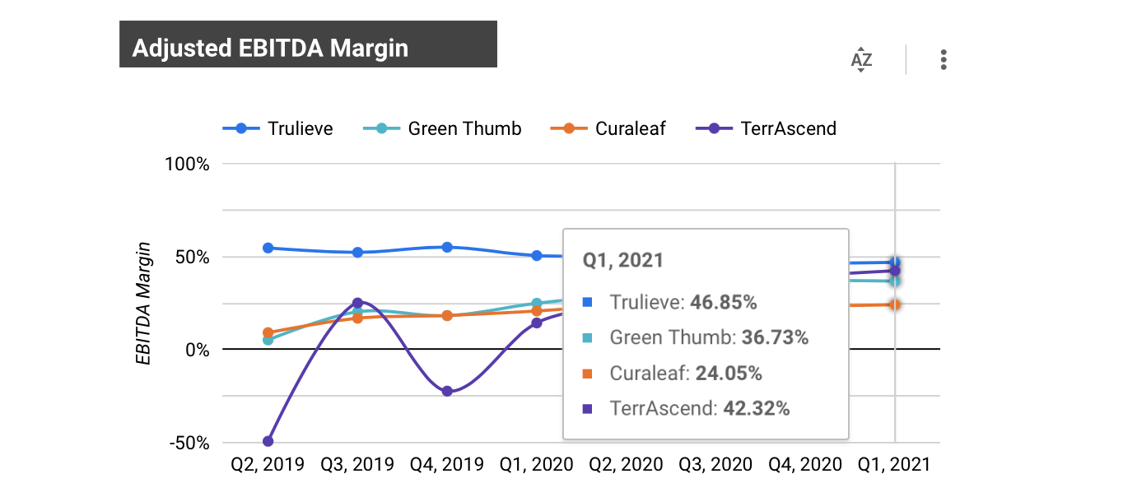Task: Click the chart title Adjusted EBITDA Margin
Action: click(x=270, y=48)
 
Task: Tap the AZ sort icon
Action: click(x=861, y=60)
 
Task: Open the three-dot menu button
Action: click(x=944, y=60)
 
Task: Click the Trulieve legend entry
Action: click(x=278, y=128)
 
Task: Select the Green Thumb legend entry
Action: click(x=443, y=128)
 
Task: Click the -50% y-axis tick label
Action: click(x=189, y=443)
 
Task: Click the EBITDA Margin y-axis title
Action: click(x=144, y=303)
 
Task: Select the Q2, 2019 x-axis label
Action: click(x=267, y=465)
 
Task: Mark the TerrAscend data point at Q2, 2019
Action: click(x=268, y=441)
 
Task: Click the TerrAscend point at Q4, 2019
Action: click(x=447, y=392)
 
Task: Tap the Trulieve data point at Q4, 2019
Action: click(x=447, y=247)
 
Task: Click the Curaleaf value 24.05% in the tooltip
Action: click(x=728, y=374)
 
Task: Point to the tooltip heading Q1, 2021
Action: click(x=623, y=260)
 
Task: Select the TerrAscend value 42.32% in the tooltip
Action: click(x=756, y=408)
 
